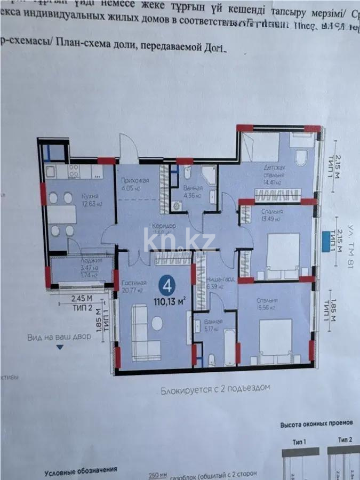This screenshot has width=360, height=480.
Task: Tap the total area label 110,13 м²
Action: click(x=170, y=300)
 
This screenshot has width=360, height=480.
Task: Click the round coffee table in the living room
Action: click(x=158, y=324)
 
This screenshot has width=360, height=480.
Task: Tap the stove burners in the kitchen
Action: click(x=73, y=170)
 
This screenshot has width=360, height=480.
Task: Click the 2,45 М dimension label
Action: click(x=82, y=299)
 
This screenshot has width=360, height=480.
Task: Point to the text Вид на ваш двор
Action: click(x=59, y=337)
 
